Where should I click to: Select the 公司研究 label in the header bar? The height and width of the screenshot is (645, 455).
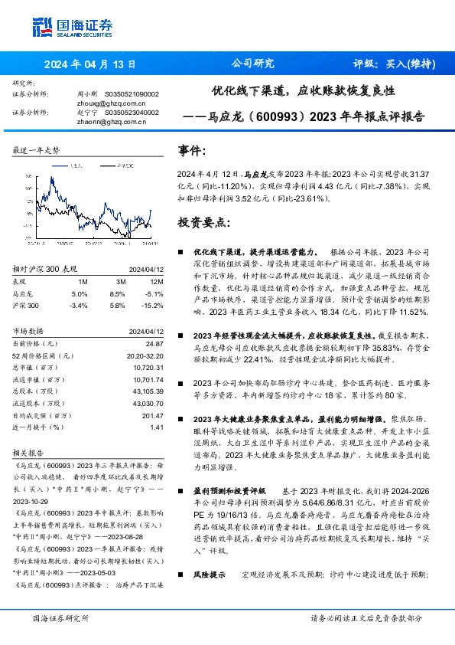(x=252, y=64)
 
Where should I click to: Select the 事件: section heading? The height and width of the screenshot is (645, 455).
(x=191, y=151)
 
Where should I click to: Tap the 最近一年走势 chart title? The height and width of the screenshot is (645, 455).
(x=37, y=151)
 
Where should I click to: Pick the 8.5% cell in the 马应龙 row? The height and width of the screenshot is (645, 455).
(x=117, y=293)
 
